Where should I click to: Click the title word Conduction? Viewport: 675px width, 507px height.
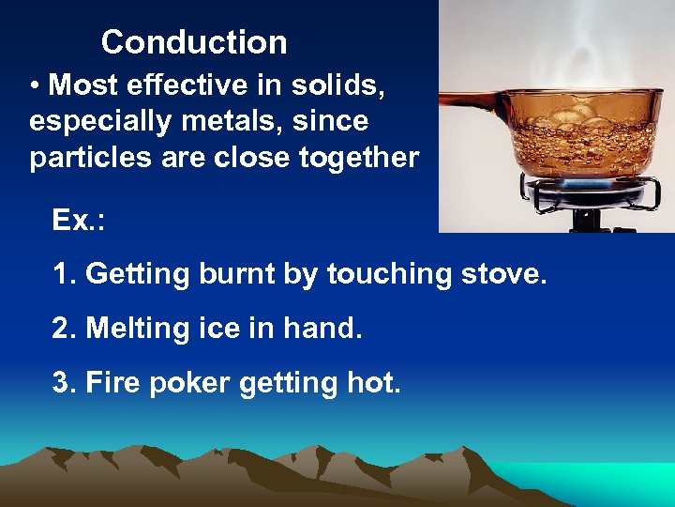(x=194, y=42)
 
